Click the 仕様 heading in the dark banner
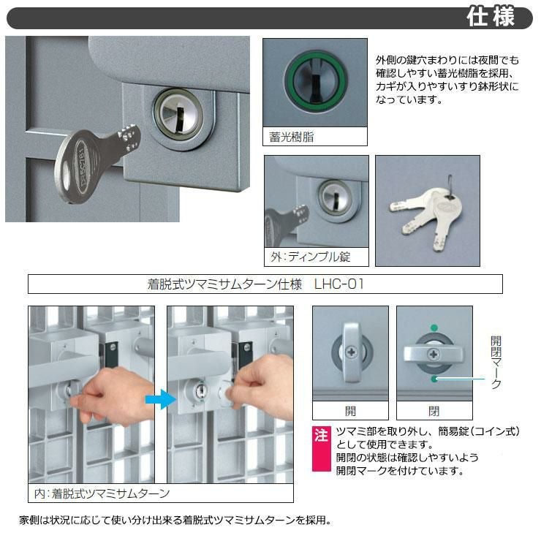pyautogui.click(x=490, y=17)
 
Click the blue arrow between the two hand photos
pyautogui.click(x=161, y=399)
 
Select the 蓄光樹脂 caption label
pyautogui.click(x=292, y=137)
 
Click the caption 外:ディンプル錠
pyautogui.click(x=310, y=257)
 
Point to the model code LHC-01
pyautogui.click(x=338, y=284)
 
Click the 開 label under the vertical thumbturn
pyautogui.click(x=350, y=411)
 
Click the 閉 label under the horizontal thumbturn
pyautogui.click(x=434, y=411)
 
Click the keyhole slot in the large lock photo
pyautogui.click(x=178, y=119)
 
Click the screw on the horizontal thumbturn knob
pyautogui.click(x=434, y=355)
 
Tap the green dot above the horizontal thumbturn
pyautogui.click(x=434, y=328)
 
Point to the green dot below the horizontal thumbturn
pyautogui.click(x=434, y=379)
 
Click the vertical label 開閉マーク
pyautogui.click(x=496, y=363)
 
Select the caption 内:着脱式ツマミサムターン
pyautogui.click(x=102, y=493)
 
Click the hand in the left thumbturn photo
pyautogui.click(x=114, y=397)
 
